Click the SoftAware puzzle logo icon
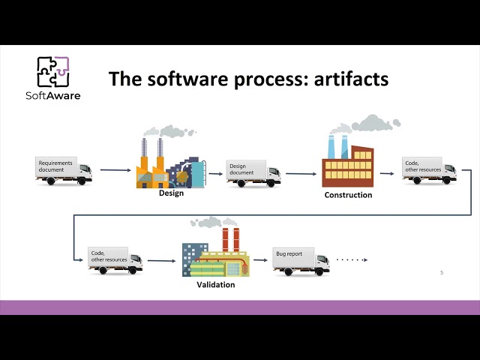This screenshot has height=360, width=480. click(x=53, y=72)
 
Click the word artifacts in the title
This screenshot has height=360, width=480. click(x=350, y=78)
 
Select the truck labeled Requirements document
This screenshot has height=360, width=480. click(x=64, y=170)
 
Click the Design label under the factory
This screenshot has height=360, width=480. click(x=171, y=193)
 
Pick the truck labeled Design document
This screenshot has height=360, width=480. click(x=253, y=172)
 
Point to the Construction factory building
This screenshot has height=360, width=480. click(x=347, y=165)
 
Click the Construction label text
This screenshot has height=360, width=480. click(x=348, y=196)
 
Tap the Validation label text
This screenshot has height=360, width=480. click(x=217, y=285)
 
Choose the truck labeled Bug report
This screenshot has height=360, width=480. click(x=300, y=261)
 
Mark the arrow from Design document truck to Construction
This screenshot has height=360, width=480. click(x=300, y=172)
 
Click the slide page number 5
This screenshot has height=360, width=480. click(x=441, y=273)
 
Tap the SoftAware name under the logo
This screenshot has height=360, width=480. click(x=54, y=95)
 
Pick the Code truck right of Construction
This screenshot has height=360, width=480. click(x=429, y=172)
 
